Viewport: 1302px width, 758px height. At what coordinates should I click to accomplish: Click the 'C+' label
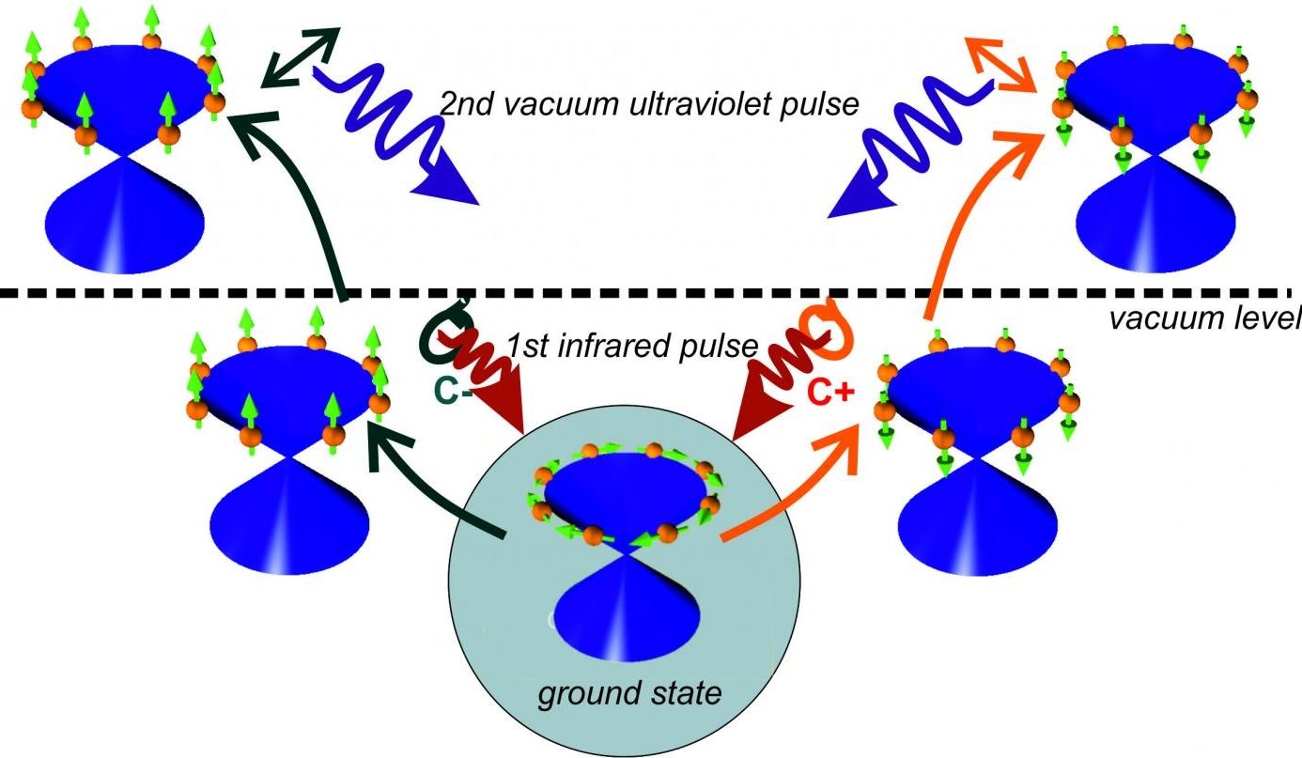click(830, 394)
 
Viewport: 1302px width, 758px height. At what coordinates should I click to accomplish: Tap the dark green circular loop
click(442, 334)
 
